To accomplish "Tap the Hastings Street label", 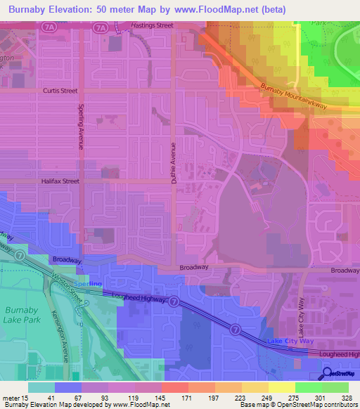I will (x=152, y=26).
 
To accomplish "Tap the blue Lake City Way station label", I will (x=288, y=341).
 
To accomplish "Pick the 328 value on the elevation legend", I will (x=346, y=398).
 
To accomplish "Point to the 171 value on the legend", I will (x=186, y=398).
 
